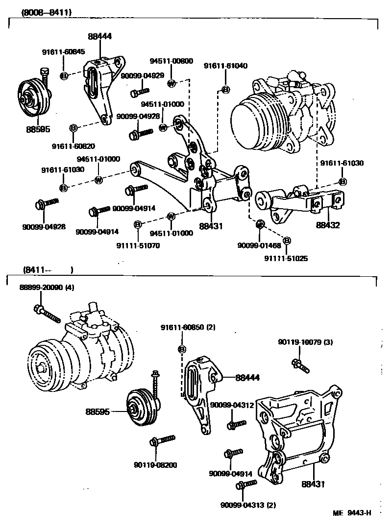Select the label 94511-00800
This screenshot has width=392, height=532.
(171, 61)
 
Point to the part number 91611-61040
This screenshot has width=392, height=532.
(225, 66)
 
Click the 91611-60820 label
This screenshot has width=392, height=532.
(73, 146)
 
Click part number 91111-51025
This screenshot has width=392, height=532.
(287, 258)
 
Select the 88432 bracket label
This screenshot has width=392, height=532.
(328, 226)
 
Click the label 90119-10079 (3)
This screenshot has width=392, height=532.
(305, 342)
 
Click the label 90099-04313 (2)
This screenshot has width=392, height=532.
(248, 505)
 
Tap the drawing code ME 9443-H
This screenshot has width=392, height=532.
(352, 513)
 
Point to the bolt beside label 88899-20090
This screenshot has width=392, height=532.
(47, 314)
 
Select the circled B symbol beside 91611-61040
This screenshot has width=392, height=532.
(225, 89)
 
